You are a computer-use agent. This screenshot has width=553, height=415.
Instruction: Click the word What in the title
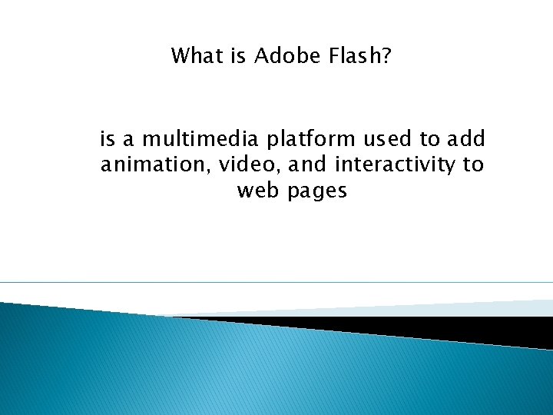coord(193,56)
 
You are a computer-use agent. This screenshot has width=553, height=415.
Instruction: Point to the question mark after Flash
coord(386,56)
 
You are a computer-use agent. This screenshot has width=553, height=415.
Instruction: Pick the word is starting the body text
coord(107,139)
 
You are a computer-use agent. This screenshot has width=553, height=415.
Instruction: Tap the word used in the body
coord(388,139)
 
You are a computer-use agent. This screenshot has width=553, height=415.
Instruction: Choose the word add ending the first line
coord(466,139)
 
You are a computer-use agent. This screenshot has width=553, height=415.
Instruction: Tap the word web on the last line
coord(258,191)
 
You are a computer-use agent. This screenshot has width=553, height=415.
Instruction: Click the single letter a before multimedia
coord(128,141)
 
